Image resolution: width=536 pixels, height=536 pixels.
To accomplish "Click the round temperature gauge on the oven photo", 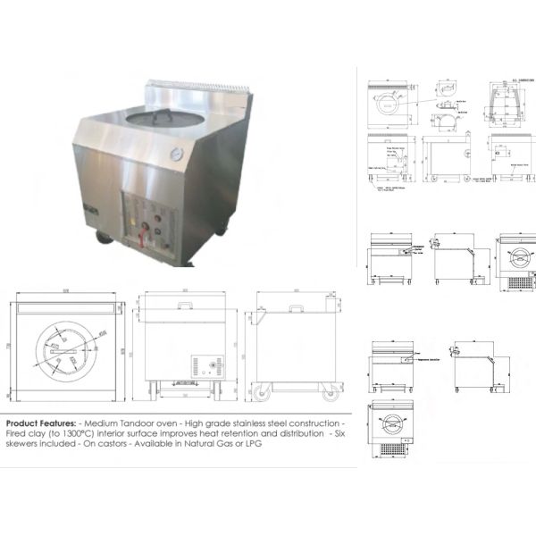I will point(177,155).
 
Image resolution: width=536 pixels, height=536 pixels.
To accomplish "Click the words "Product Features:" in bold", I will point(41,422).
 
